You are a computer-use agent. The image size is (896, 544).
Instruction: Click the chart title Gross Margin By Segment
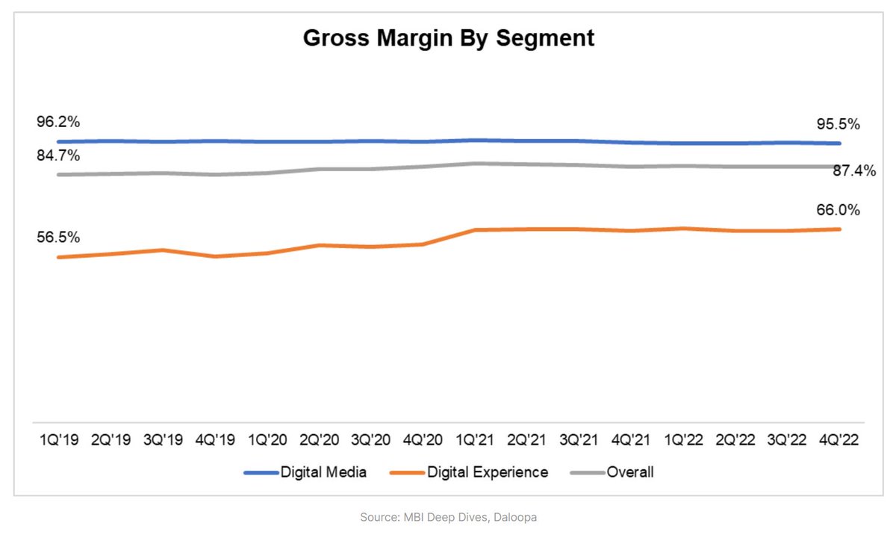pyautogui.click(x=448, y=39)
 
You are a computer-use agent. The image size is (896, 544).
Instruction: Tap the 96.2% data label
pyautogui.click(x=59, y=122)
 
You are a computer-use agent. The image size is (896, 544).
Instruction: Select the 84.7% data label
pyautogui.click(x=59, y=156)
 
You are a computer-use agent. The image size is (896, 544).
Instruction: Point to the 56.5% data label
pyautogui.click(x=59, y=238)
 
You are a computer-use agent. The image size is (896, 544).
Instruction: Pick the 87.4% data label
pyautogui.click(x=854, y=171)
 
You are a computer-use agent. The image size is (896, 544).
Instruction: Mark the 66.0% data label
pyautogui.click(x=839, y=210)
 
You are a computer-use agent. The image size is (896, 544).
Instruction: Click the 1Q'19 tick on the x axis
pyautogui.click(x=58, y=440)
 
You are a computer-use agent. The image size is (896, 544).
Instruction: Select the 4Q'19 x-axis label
pyautogui.click(x=215, y=440)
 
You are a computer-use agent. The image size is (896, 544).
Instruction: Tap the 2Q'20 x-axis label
pyautogui.click(x=320, y=440)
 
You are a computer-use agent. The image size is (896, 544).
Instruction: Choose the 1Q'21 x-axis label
pyautogui.click(x=476, y=440)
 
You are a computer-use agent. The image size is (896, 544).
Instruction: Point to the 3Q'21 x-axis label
pyautogui.click(x=580, y=440)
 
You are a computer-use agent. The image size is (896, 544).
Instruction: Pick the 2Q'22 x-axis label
pyautogui.click(x=736, y=440)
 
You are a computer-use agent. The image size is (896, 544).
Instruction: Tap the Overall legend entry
pyautogui.click(x=612, y=472)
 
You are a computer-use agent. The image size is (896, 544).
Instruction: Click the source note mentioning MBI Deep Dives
pyautogui.click(x=448, y=516)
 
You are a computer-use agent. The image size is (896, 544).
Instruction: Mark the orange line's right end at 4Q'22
pyautogui.click(x=841, y=229)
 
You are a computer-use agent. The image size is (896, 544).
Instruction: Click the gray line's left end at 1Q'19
pyautogui.click(x=58, y=175)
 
